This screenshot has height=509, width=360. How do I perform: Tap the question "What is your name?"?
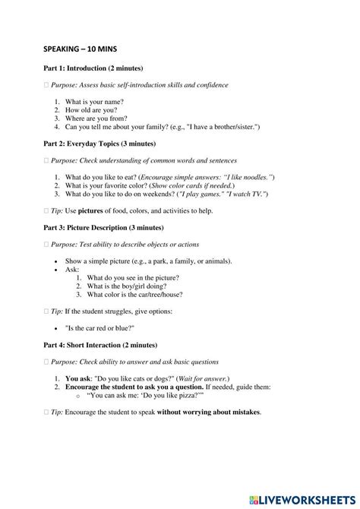94,101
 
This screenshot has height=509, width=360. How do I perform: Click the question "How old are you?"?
91,110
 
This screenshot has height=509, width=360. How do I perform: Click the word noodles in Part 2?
255,176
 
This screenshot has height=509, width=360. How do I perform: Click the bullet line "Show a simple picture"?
137,261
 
